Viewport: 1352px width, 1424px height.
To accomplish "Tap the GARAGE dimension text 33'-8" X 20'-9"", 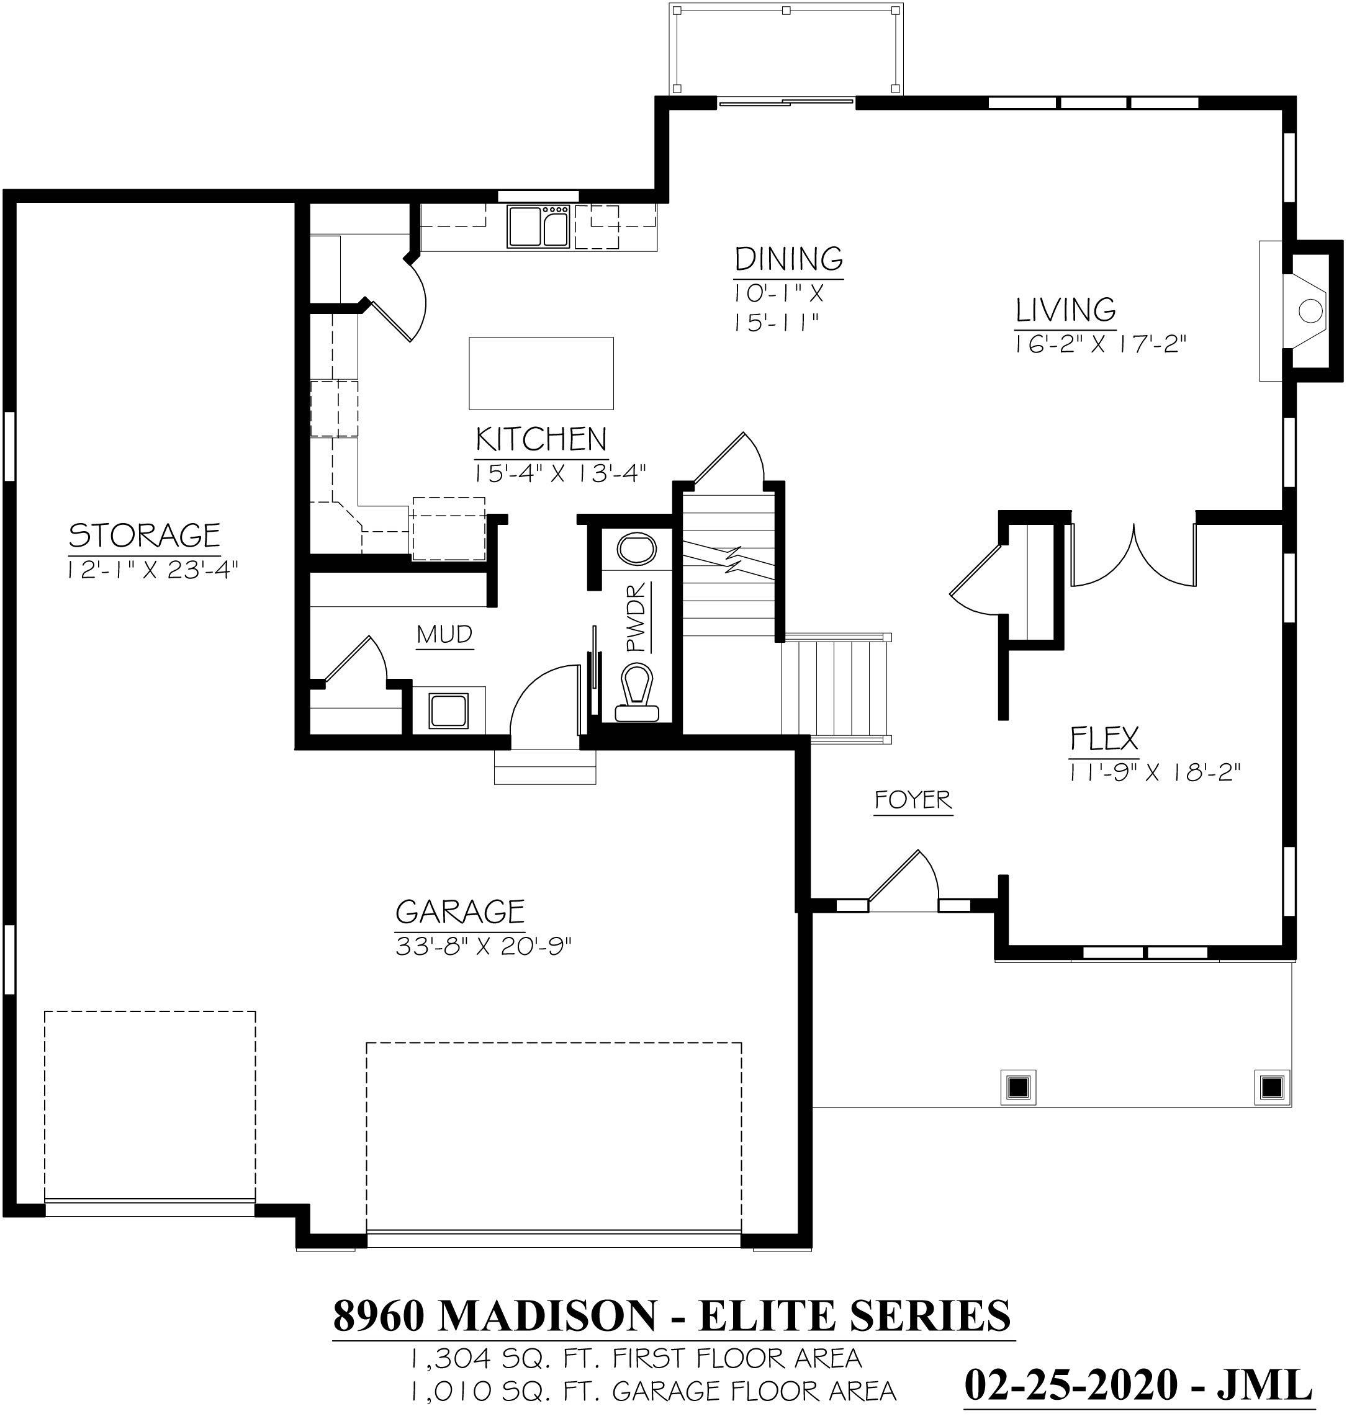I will tap(484, 946).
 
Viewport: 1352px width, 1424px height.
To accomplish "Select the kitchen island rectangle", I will tap(541, 373).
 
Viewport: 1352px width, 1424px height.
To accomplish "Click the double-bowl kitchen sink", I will tap(538, 227).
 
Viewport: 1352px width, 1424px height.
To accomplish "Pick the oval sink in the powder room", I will tap(637, 550).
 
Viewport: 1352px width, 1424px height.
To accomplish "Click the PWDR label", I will tap(637, 617).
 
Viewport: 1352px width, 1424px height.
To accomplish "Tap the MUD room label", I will tap(444, 635).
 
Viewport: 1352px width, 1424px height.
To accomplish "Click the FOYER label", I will tap(913, 800).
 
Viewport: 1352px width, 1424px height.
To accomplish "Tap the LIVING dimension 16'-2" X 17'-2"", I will tap(1100, 345).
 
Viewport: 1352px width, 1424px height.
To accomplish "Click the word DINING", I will tap(788, 258).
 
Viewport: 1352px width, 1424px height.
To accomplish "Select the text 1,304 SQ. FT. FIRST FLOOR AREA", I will tap(636, 1358).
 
